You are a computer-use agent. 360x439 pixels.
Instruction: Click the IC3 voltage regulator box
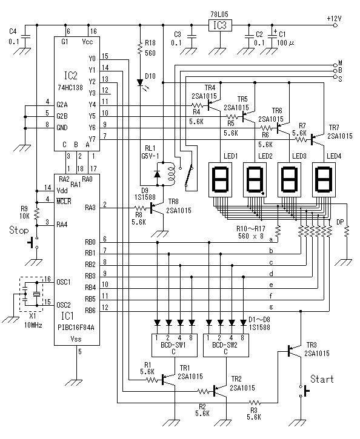219,25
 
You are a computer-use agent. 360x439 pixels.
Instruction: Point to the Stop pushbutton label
19,230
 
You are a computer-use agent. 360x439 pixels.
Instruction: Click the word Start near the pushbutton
322,379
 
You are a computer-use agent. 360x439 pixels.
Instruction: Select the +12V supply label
333,18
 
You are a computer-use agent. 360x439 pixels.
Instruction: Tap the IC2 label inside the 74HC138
70,76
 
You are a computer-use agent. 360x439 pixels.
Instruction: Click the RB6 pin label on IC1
90,311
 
